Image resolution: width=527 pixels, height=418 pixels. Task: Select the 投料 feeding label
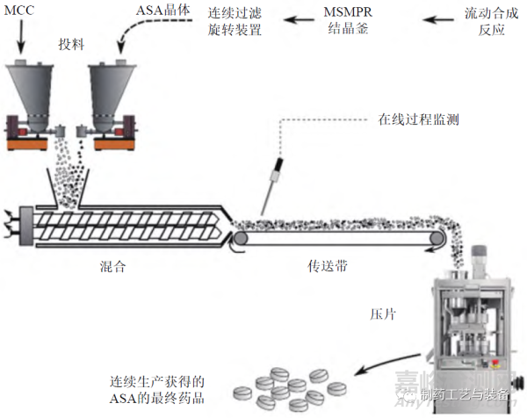point(70,45)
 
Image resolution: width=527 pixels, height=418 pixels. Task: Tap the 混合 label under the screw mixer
point(113,265)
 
